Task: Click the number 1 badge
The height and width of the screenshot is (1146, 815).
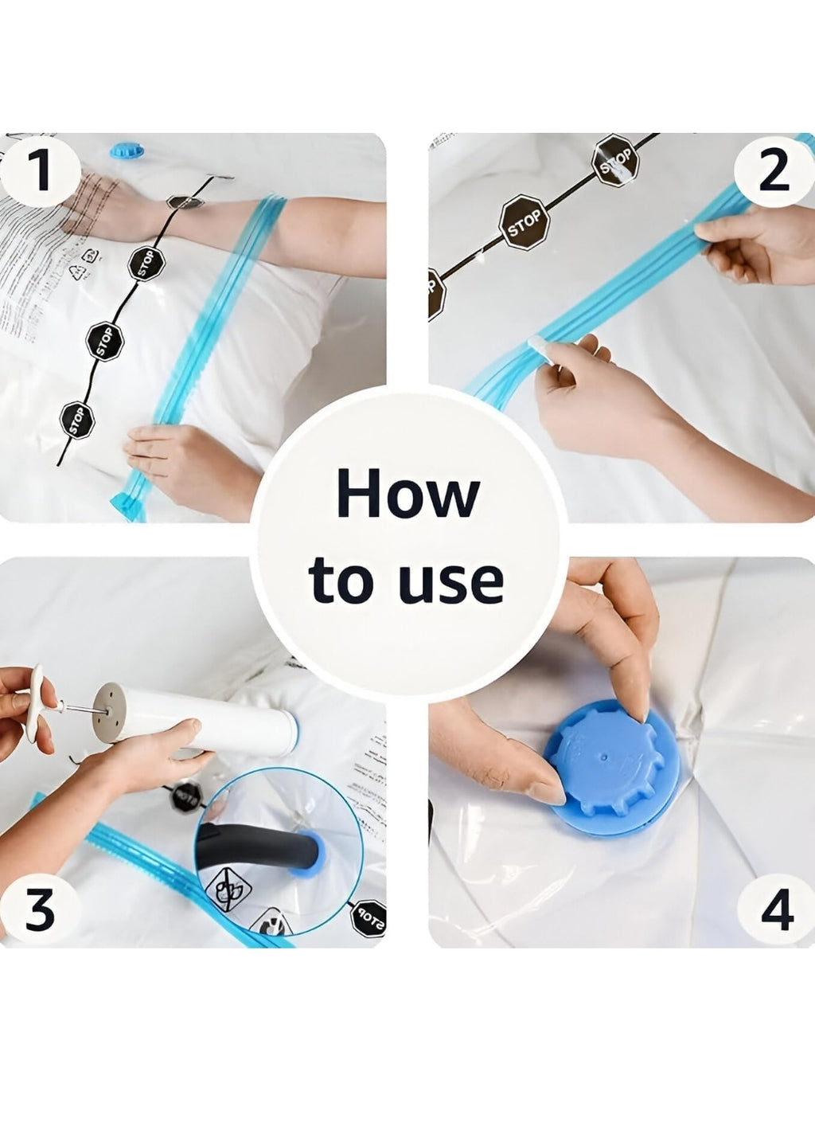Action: click(40, 170)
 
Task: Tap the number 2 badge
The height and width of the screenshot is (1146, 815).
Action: click(773, 170)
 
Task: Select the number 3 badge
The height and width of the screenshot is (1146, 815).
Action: click(40, 909)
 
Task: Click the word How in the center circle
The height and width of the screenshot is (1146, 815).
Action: click(407, 495)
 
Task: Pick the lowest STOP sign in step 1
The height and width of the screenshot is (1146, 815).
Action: click(76, 420)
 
